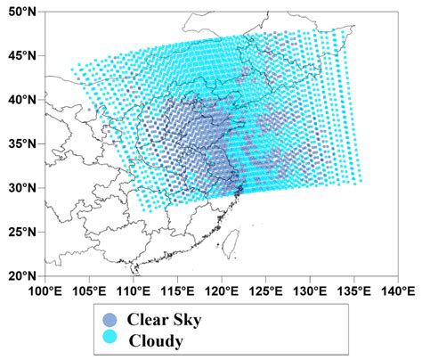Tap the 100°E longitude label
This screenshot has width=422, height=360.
(45, 290)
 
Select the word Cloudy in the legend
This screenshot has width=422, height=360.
(155, 340)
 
